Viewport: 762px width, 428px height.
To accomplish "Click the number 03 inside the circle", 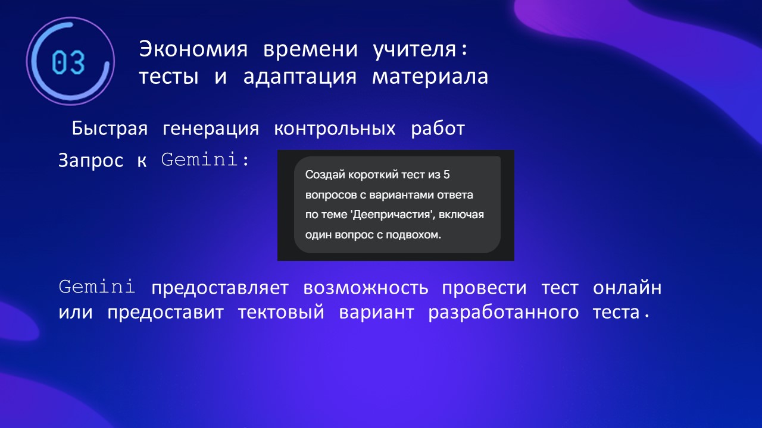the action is (68, 62).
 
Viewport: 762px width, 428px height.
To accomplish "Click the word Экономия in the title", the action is (193, 49).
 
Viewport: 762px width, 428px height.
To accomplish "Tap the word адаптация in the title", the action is (300, 77).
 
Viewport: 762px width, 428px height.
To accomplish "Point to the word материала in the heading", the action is (430, 77).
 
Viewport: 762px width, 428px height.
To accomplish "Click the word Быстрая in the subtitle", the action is (110, 129).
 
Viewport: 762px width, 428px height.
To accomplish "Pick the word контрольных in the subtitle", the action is (335, 129).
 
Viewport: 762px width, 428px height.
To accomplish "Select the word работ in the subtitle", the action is (438, 129).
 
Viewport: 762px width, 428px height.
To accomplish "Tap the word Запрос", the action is (90, 160).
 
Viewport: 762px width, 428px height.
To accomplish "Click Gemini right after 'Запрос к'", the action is (199, 159).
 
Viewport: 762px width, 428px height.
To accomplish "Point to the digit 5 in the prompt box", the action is (446, 175).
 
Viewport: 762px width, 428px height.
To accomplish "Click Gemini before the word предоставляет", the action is (97, 287).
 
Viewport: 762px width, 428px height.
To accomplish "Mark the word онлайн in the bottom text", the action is (627, 288).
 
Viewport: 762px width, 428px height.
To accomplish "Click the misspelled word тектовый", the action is (281, 313).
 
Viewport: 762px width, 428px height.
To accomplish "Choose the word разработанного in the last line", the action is (504, 313).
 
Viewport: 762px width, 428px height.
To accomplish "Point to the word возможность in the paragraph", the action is (366, 288).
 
